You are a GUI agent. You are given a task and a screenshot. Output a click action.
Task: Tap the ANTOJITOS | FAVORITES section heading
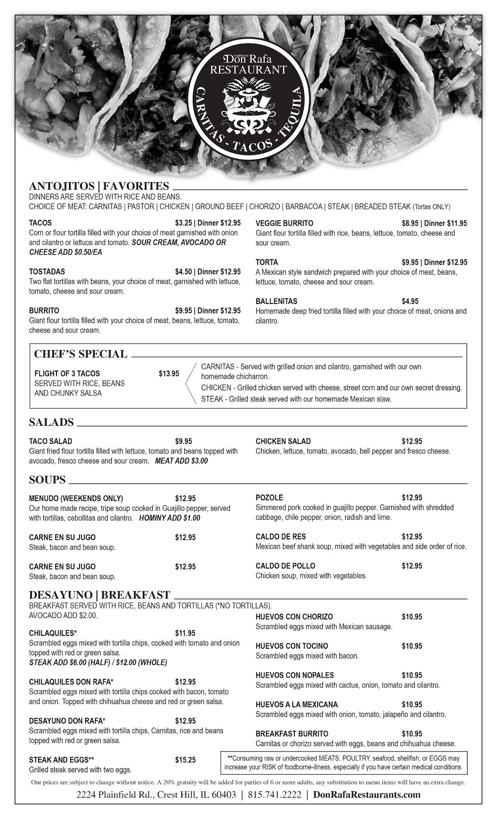point(99,186)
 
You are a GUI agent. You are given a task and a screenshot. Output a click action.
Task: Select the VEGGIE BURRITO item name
point(284,223)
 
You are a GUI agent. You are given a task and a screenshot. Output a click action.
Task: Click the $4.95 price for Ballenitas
point(410,301)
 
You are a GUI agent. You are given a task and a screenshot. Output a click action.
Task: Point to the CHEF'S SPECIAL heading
point(81,354)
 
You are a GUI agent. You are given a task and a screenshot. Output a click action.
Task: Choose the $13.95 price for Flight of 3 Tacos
point(169,373)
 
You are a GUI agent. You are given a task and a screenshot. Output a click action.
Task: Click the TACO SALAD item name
point(50,441)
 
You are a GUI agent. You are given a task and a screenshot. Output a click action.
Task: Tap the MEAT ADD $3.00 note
point(181,461)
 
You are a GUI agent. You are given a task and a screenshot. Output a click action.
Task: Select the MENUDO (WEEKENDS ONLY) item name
point(76,498)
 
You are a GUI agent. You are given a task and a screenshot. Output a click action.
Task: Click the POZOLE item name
point(269,498)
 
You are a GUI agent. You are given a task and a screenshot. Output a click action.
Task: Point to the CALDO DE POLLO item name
point(285,566)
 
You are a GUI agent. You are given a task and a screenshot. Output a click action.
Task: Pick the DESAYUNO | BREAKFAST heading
point(99,595)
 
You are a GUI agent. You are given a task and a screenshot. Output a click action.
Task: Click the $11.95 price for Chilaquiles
point(185,633)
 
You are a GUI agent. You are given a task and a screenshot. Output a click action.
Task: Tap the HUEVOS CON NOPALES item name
point(294,675)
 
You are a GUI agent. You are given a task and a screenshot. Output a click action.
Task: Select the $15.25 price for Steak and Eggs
point(185,760)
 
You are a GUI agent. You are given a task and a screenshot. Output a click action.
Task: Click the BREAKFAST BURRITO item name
point(291,734)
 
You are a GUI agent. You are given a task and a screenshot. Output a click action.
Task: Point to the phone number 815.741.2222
point(274,795)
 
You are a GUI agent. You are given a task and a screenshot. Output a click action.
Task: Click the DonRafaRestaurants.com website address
point(366,795)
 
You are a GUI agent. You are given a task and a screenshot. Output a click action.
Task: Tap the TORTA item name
point(267,262)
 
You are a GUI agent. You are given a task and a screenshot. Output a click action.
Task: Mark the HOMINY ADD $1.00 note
point(169,518)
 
